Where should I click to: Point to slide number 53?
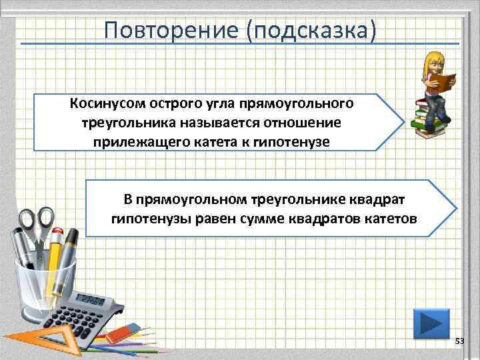pos(459,341)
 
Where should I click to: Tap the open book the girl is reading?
pos(441,83)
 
